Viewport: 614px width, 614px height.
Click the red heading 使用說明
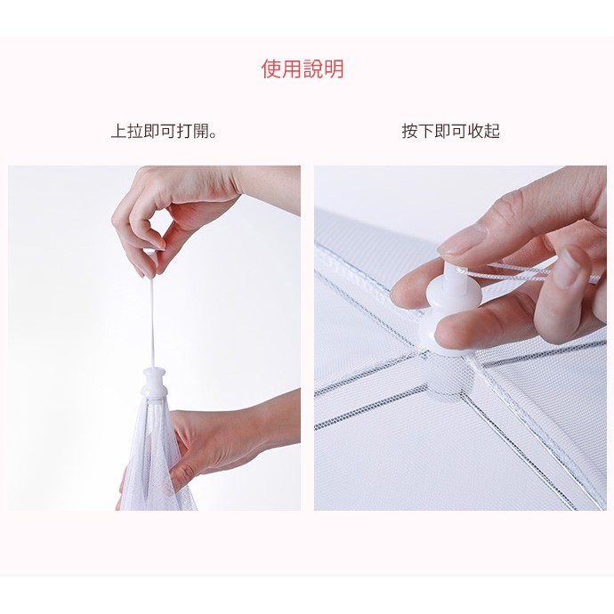tap(303, 69)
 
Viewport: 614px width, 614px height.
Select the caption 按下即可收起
tap(450, 131)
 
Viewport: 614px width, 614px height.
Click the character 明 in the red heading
tap(334, 69)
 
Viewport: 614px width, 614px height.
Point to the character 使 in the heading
tap(271, 69)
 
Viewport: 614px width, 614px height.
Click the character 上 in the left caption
tap(119, 131)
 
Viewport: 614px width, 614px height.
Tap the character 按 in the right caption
tap(409, 131)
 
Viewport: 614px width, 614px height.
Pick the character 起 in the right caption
tap(492, 131)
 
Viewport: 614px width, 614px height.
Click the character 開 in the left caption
tap(201, 131)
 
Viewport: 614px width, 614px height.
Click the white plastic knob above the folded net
tap(155, 382)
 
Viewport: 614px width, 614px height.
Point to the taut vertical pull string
tap(152, 321)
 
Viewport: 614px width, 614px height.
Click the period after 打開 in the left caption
tap(214, 135)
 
